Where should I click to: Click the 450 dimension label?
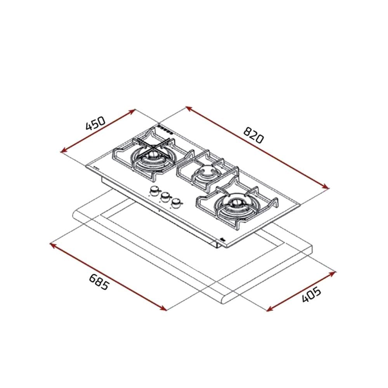(95, 123)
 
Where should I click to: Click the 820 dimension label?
(253, 135)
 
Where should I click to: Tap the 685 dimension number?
(99, 282)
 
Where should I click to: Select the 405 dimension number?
(311, 294)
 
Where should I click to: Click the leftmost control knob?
(155, 191)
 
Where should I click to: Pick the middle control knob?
(165, 197)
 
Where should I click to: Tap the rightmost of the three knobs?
(177, 203)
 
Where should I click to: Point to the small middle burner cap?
(205, 171)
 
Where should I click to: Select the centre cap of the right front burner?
(236, 203)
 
